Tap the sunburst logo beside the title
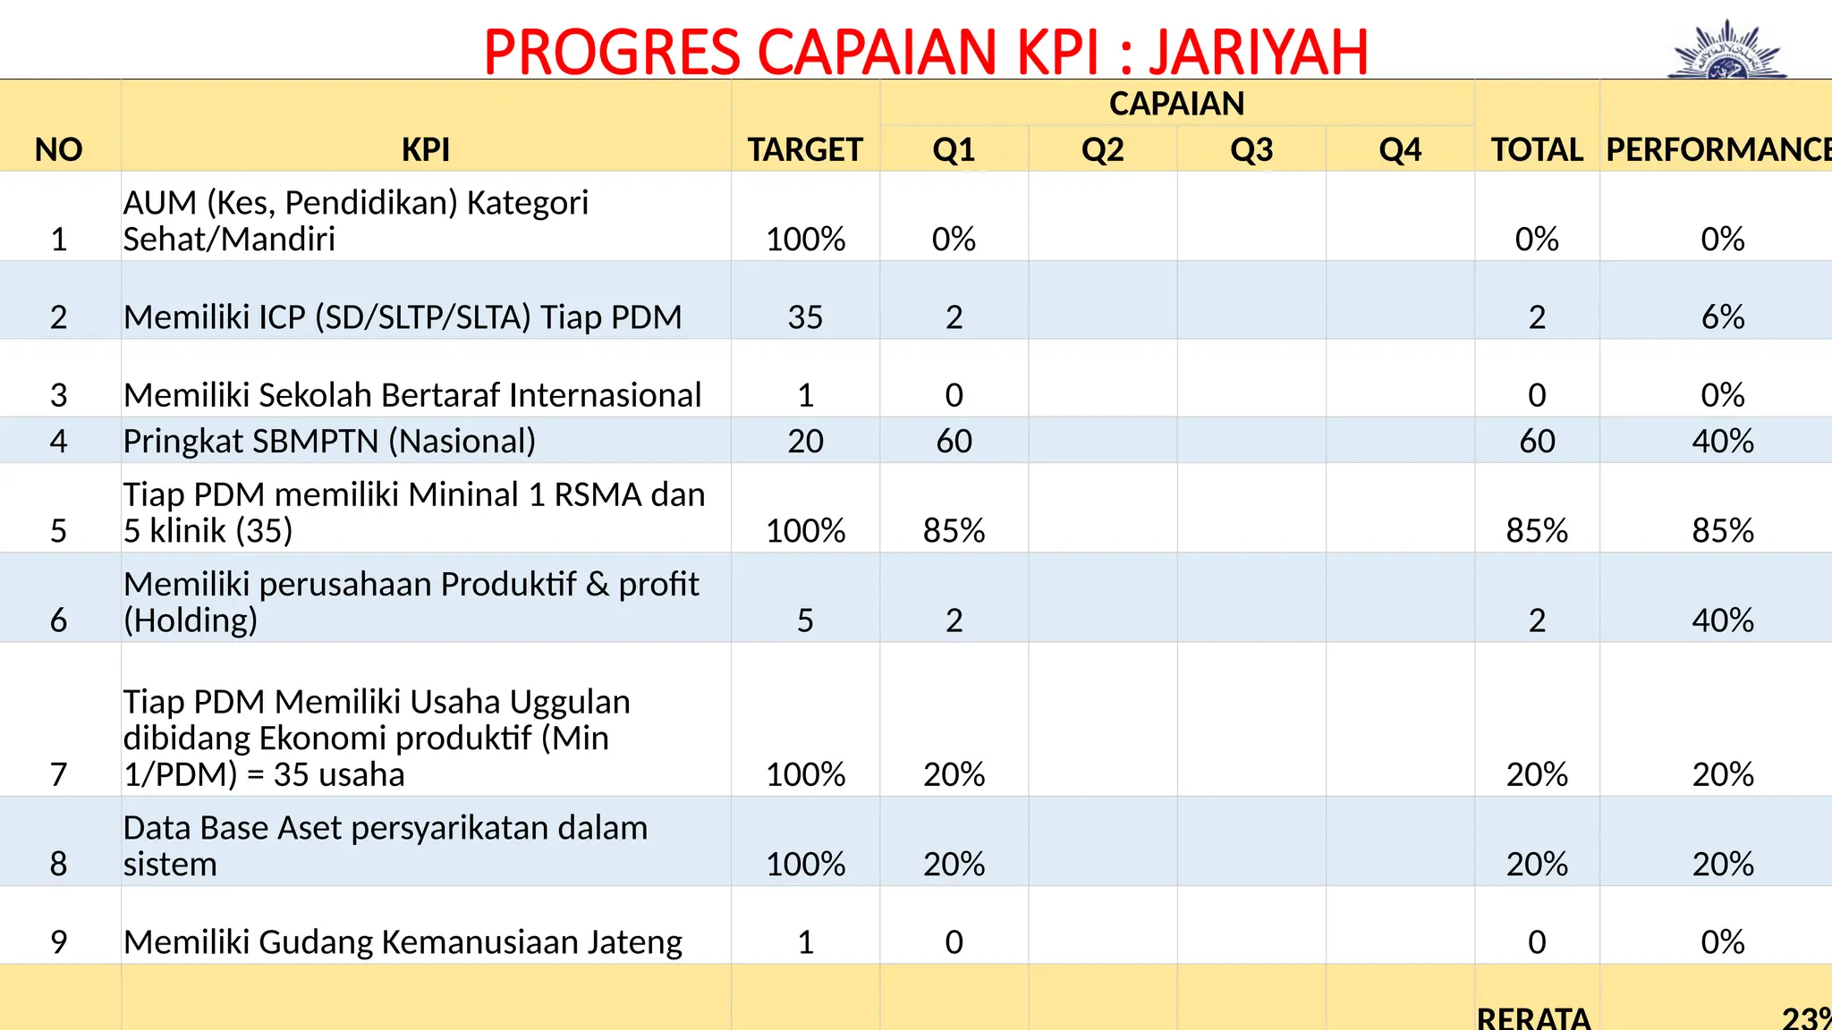[x=1727, y=52]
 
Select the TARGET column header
[x=805, y=149]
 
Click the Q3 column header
[x=1251, y=149]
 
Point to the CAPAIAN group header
[x=1176, y=104]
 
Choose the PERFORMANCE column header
[x=1717, y=149]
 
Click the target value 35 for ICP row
[x=805, y=317]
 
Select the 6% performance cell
[x=1722, y=317]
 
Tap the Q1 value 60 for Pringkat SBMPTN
[x=954, y=441]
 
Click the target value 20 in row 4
[x=805, y=441]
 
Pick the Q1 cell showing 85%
[x=954, y=531]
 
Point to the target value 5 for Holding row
[x=805, y=621]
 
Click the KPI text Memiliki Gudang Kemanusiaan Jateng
[x=403, y=942]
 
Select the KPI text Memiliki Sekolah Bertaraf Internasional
[x=412, y=395]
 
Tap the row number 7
[x=59, y=774]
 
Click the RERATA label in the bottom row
[x=1533, y=1018]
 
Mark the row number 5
[x=59, y=531]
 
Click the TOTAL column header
[x=1537, y=149]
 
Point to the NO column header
[x=59, y=149]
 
